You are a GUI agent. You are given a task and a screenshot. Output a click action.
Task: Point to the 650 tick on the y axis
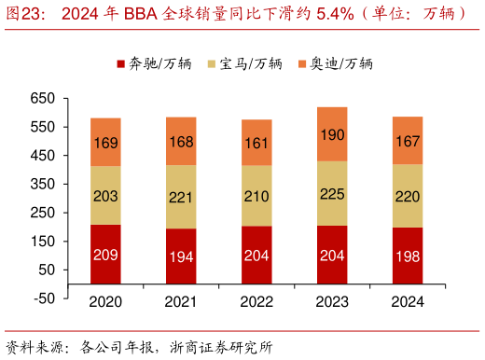[x=43, y=98]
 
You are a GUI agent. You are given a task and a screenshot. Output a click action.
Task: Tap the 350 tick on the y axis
[x=43, y=184]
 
